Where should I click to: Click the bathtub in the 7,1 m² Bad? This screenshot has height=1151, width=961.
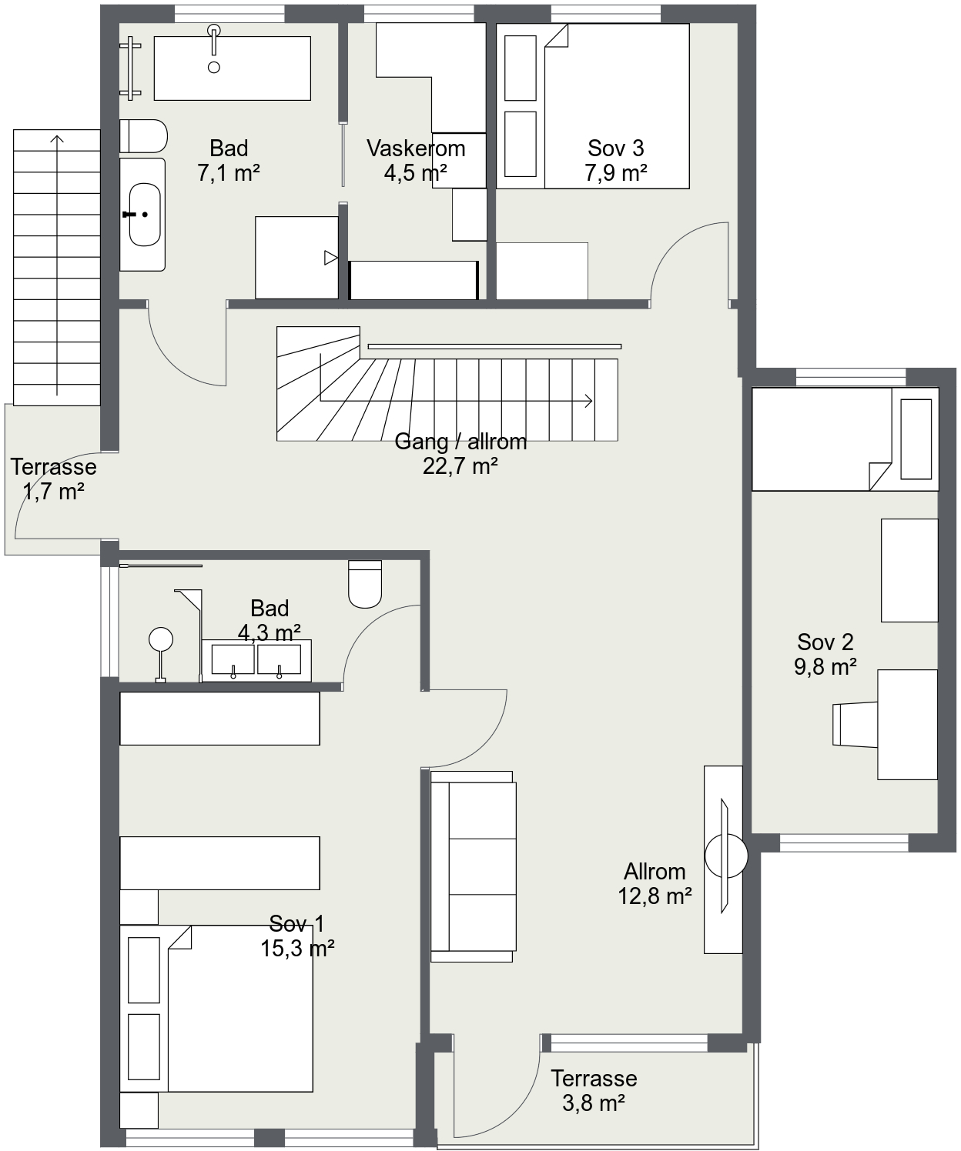(x=233, y=68)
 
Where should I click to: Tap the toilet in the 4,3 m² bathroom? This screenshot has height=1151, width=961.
(x=365, y=584)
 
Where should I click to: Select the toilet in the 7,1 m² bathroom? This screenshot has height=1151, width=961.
(x=143, y=136)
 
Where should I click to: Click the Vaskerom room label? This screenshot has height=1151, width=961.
(x=416, y=148)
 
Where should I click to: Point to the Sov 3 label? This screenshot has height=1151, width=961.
(x=616, y=148)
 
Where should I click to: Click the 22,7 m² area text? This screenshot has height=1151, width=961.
(x=460, y=466)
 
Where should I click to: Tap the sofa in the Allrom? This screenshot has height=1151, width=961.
(x=474, y=866)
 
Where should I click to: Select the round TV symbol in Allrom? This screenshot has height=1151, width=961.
(x=726, y=856)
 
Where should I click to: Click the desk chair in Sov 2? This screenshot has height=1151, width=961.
(x=855, y=725)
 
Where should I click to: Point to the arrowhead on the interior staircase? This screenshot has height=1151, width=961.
(x=589, y=401)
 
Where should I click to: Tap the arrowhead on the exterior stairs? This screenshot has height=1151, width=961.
(x=57, y=139)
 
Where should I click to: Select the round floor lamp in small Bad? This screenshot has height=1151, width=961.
(x=160, y=640)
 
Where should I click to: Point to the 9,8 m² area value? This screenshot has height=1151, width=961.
(x=825, y=667)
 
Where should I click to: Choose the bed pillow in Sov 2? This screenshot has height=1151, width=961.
(x=916, y=439)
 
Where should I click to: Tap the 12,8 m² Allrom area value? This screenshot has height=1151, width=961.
(x=655, y=896)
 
